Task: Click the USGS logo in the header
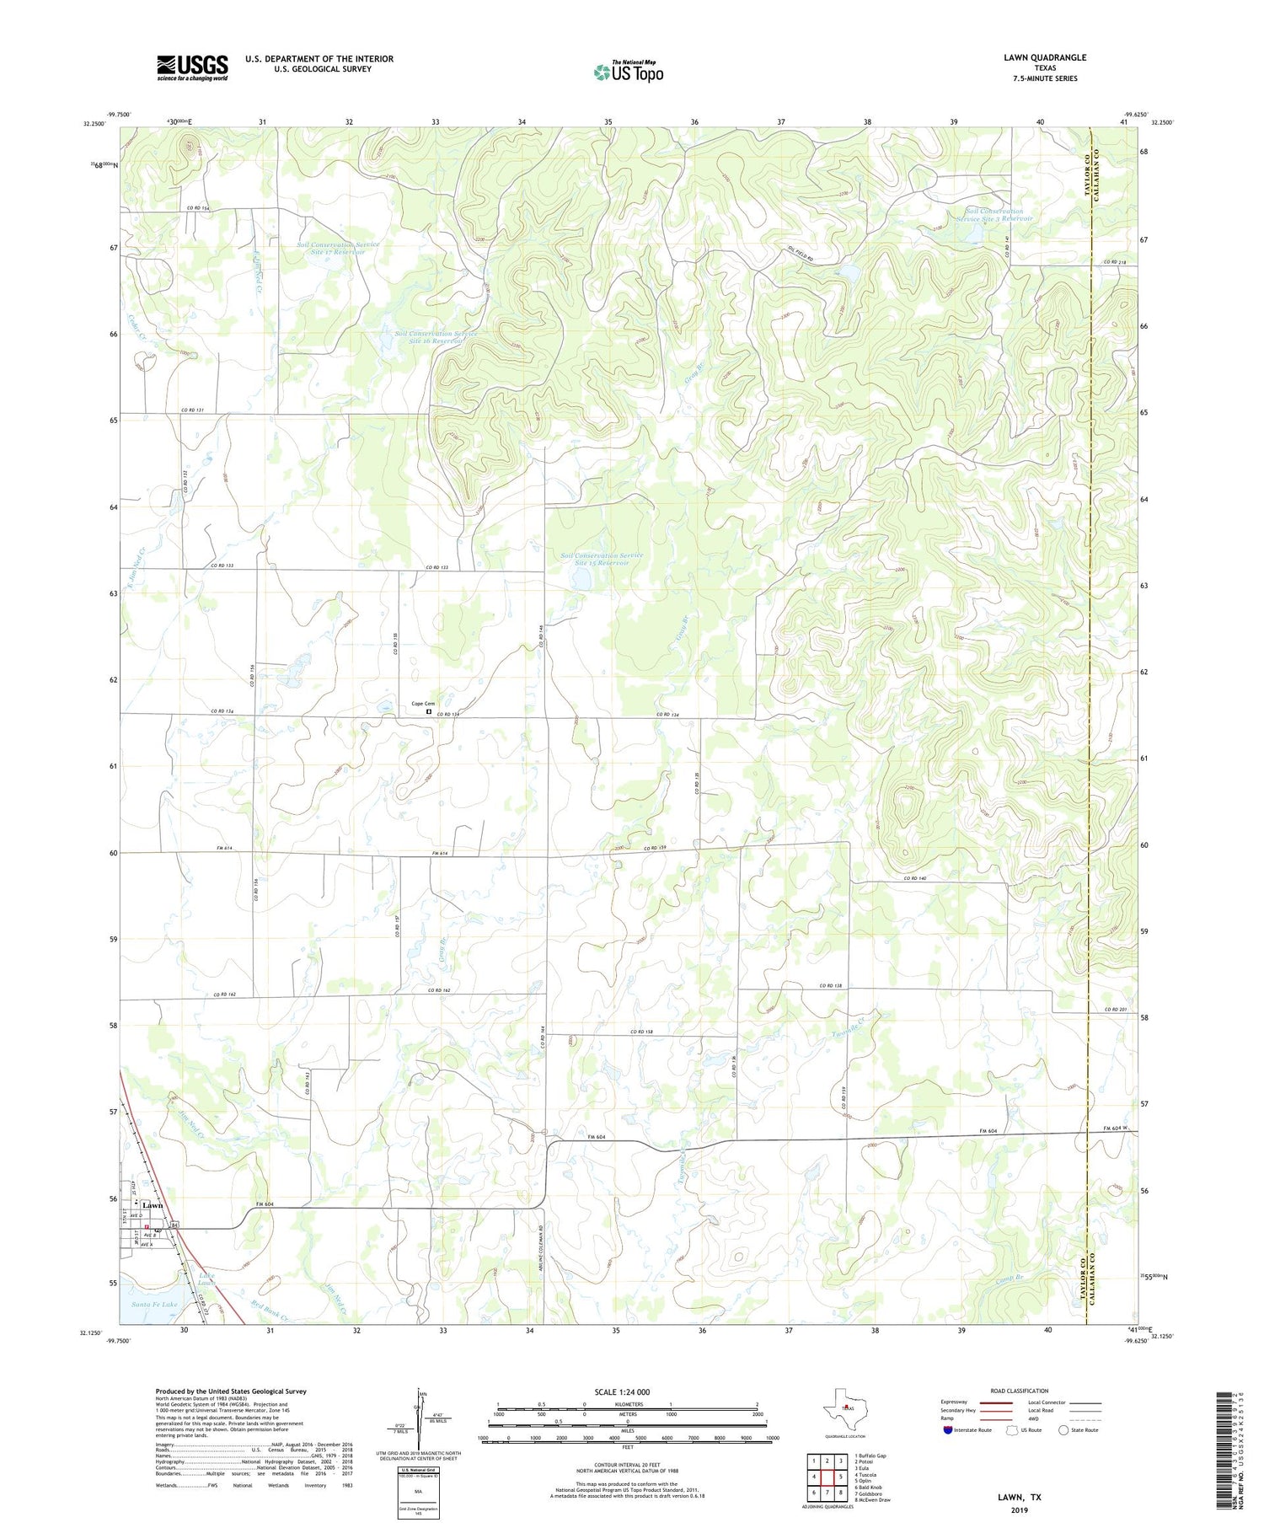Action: pyautogui.click(x=192, y=67)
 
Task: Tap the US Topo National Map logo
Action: pyautogui.click(x=628, y=72)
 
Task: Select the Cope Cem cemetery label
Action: pyautogui.click(x=423, y=704)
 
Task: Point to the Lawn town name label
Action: pyautogui.click(x=153, y=1205)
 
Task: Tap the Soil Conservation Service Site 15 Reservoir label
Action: pyautogui.click(x=603, y=559)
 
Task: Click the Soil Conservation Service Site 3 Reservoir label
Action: pyautogui.click(x=994, y=215)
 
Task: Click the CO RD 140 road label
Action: pyautogui.click(x=914, y=878)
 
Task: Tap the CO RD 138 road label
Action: pyautogui.click(x=831, y=985)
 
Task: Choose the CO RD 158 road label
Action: pyautogui.click(x=641, y=1032)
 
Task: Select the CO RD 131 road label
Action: pyautogui.click(x=193, y=410)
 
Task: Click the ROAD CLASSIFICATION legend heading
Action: pyautogui.click(x=1020, y=1391)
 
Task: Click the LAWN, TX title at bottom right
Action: pyautogui.click(x=1019, y=1497)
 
